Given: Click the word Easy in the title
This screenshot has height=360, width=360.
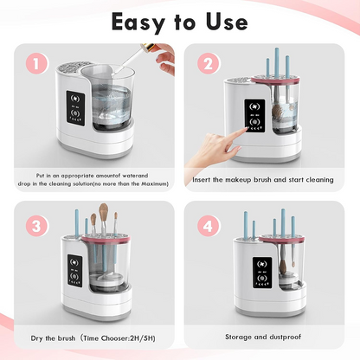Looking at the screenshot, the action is coord(138,22).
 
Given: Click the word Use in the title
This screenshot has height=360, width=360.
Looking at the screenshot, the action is coord(227,22).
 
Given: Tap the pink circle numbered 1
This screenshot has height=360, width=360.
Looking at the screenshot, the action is coord(36,64).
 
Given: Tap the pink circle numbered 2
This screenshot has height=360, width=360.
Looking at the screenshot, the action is coord(208,63).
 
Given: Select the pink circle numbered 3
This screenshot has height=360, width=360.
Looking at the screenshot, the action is coord(36,226).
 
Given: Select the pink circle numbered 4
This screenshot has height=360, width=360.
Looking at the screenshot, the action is coord(208,226).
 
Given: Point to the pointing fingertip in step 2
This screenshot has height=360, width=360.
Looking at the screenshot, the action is coord(246,129).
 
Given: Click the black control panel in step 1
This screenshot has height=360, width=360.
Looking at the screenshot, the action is coord(75,108).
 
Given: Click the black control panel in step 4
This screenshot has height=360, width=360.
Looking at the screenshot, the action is coord(262,273).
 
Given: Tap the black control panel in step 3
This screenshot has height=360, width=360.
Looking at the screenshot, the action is coord(74,271).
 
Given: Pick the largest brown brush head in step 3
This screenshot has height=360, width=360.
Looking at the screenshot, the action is coord(104,211).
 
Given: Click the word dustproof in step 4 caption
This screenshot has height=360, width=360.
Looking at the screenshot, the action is coord(286,337).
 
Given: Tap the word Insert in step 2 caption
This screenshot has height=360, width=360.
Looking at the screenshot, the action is coord(202,179).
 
